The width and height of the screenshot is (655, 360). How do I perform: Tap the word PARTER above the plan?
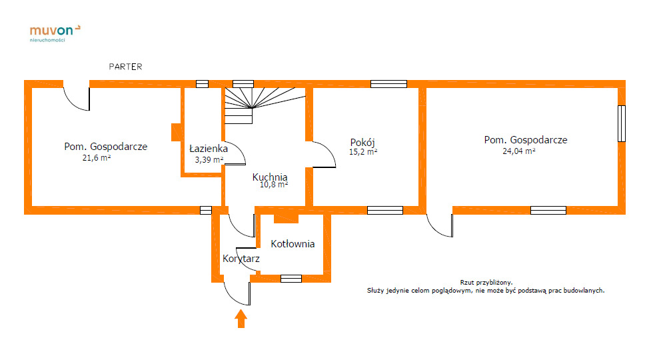coord(126,67)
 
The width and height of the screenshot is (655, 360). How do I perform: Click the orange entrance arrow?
coord(241,318)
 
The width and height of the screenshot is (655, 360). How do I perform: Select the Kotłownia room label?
coord(293,244)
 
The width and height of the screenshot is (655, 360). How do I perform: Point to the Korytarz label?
coord(241,259)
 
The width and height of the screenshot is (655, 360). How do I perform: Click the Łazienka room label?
coord(209,148)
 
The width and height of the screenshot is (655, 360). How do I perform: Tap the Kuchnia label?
coord(270,177)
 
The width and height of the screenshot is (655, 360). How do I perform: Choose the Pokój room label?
coord(363,142)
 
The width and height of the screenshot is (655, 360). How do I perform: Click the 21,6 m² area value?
coord(96,158)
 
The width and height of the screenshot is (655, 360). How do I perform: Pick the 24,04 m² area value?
coord(519,151)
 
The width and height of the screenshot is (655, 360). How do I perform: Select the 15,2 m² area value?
coord(363,152)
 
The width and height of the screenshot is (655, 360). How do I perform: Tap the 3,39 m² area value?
coord(209,160)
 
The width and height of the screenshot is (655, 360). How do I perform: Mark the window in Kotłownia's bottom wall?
coord(291,278)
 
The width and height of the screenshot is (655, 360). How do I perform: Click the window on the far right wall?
coord(621,123)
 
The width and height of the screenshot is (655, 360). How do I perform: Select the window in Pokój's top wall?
coord(388,84)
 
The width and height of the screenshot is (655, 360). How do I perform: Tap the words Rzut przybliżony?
coord(486,282)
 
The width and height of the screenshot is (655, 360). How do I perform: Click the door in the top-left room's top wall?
coord(76,97)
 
